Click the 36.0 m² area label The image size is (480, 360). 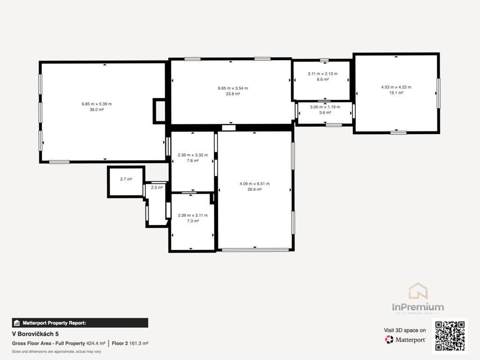(97, 110)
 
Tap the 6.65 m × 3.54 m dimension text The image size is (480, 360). (233, 88)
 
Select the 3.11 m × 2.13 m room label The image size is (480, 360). (322, 74)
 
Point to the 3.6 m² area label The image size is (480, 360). (325, 112)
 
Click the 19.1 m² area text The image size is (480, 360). (396, 93)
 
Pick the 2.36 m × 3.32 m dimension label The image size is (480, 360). (193, 155)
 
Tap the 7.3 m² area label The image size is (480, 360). (193, 221)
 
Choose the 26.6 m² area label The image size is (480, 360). (255, 189)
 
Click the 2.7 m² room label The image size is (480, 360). (126, 179)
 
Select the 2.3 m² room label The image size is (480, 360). (157, 187)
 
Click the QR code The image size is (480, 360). (450, 336)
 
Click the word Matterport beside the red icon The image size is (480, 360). (411, 340)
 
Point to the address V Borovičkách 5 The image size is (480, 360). (35, 334)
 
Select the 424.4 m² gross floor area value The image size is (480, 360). (96, 344)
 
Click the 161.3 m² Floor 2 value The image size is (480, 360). (139, 344)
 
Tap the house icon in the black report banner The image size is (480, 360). (17, 323)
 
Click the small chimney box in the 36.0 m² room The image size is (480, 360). (159, 111)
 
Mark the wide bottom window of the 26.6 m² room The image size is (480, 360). (255, 250)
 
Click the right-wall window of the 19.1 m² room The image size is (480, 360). (438, 93)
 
